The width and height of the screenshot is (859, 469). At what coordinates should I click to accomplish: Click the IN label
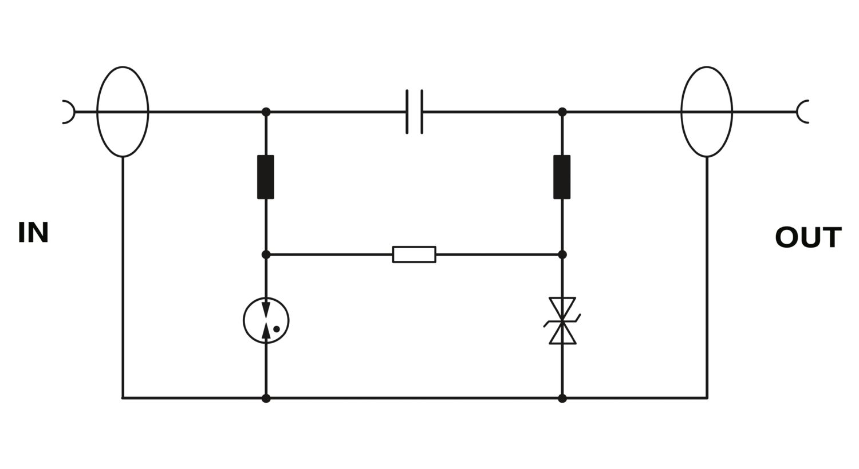33,232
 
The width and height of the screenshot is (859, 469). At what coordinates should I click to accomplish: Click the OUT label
808,237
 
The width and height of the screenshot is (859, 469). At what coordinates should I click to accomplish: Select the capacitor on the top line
415,112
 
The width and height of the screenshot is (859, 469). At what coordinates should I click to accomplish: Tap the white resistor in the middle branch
414,255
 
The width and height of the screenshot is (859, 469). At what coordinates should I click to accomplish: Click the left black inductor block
266,177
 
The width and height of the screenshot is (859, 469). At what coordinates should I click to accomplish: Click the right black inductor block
562,177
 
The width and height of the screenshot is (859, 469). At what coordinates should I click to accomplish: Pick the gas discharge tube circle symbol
243,320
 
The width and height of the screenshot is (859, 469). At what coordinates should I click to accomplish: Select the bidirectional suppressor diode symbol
562,321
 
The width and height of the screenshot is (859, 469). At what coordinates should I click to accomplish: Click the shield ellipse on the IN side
97,112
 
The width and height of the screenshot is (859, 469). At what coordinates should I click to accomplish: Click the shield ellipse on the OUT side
681,112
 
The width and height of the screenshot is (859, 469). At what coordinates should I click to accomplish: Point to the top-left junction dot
266,112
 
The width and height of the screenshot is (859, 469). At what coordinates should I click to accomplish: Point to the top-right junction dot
562,112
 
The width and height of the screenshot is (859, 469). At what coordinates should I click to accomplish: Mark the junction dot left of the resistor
266,255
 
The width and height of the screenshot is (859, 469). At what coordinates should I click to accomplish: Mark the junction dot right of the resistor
562,255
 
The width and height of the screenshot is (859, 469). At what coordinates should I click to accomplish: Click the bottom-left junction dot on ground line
266,399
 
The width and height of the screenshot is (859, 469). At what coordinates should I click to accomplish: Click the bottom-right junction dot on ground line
562,399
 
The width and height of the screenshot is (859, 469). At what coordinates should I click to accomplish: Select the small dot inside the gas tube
277,329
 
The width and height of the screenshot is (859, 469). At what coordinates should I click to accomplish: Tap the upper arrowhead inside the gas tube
266,309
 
